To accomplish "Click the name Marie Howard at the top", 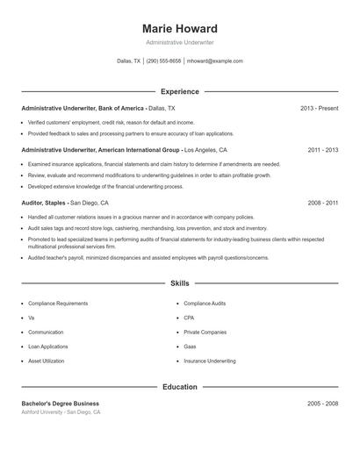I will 179,28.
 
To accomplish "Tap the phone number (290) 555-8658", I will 164,61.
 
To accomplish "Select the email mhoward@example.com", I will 215,61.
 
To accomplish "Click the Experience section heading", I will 179,91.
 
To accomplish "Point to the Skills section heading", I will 179,284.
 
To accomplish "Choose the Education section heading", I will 179,386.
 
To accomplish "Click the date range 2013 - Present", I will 319,108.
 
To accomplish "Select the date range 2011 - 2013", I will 322,150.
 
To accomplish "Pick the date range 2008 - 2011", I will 322,203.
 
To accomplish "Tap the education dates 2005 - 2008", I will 322,403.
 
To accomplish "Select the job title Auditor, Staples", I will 45,203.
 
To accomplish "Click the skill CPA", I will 189,318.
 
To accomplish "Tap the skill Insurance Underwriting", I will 210,361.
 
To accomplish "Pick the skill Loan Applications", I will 48,347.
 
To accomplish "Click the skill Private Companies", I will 205,333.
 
